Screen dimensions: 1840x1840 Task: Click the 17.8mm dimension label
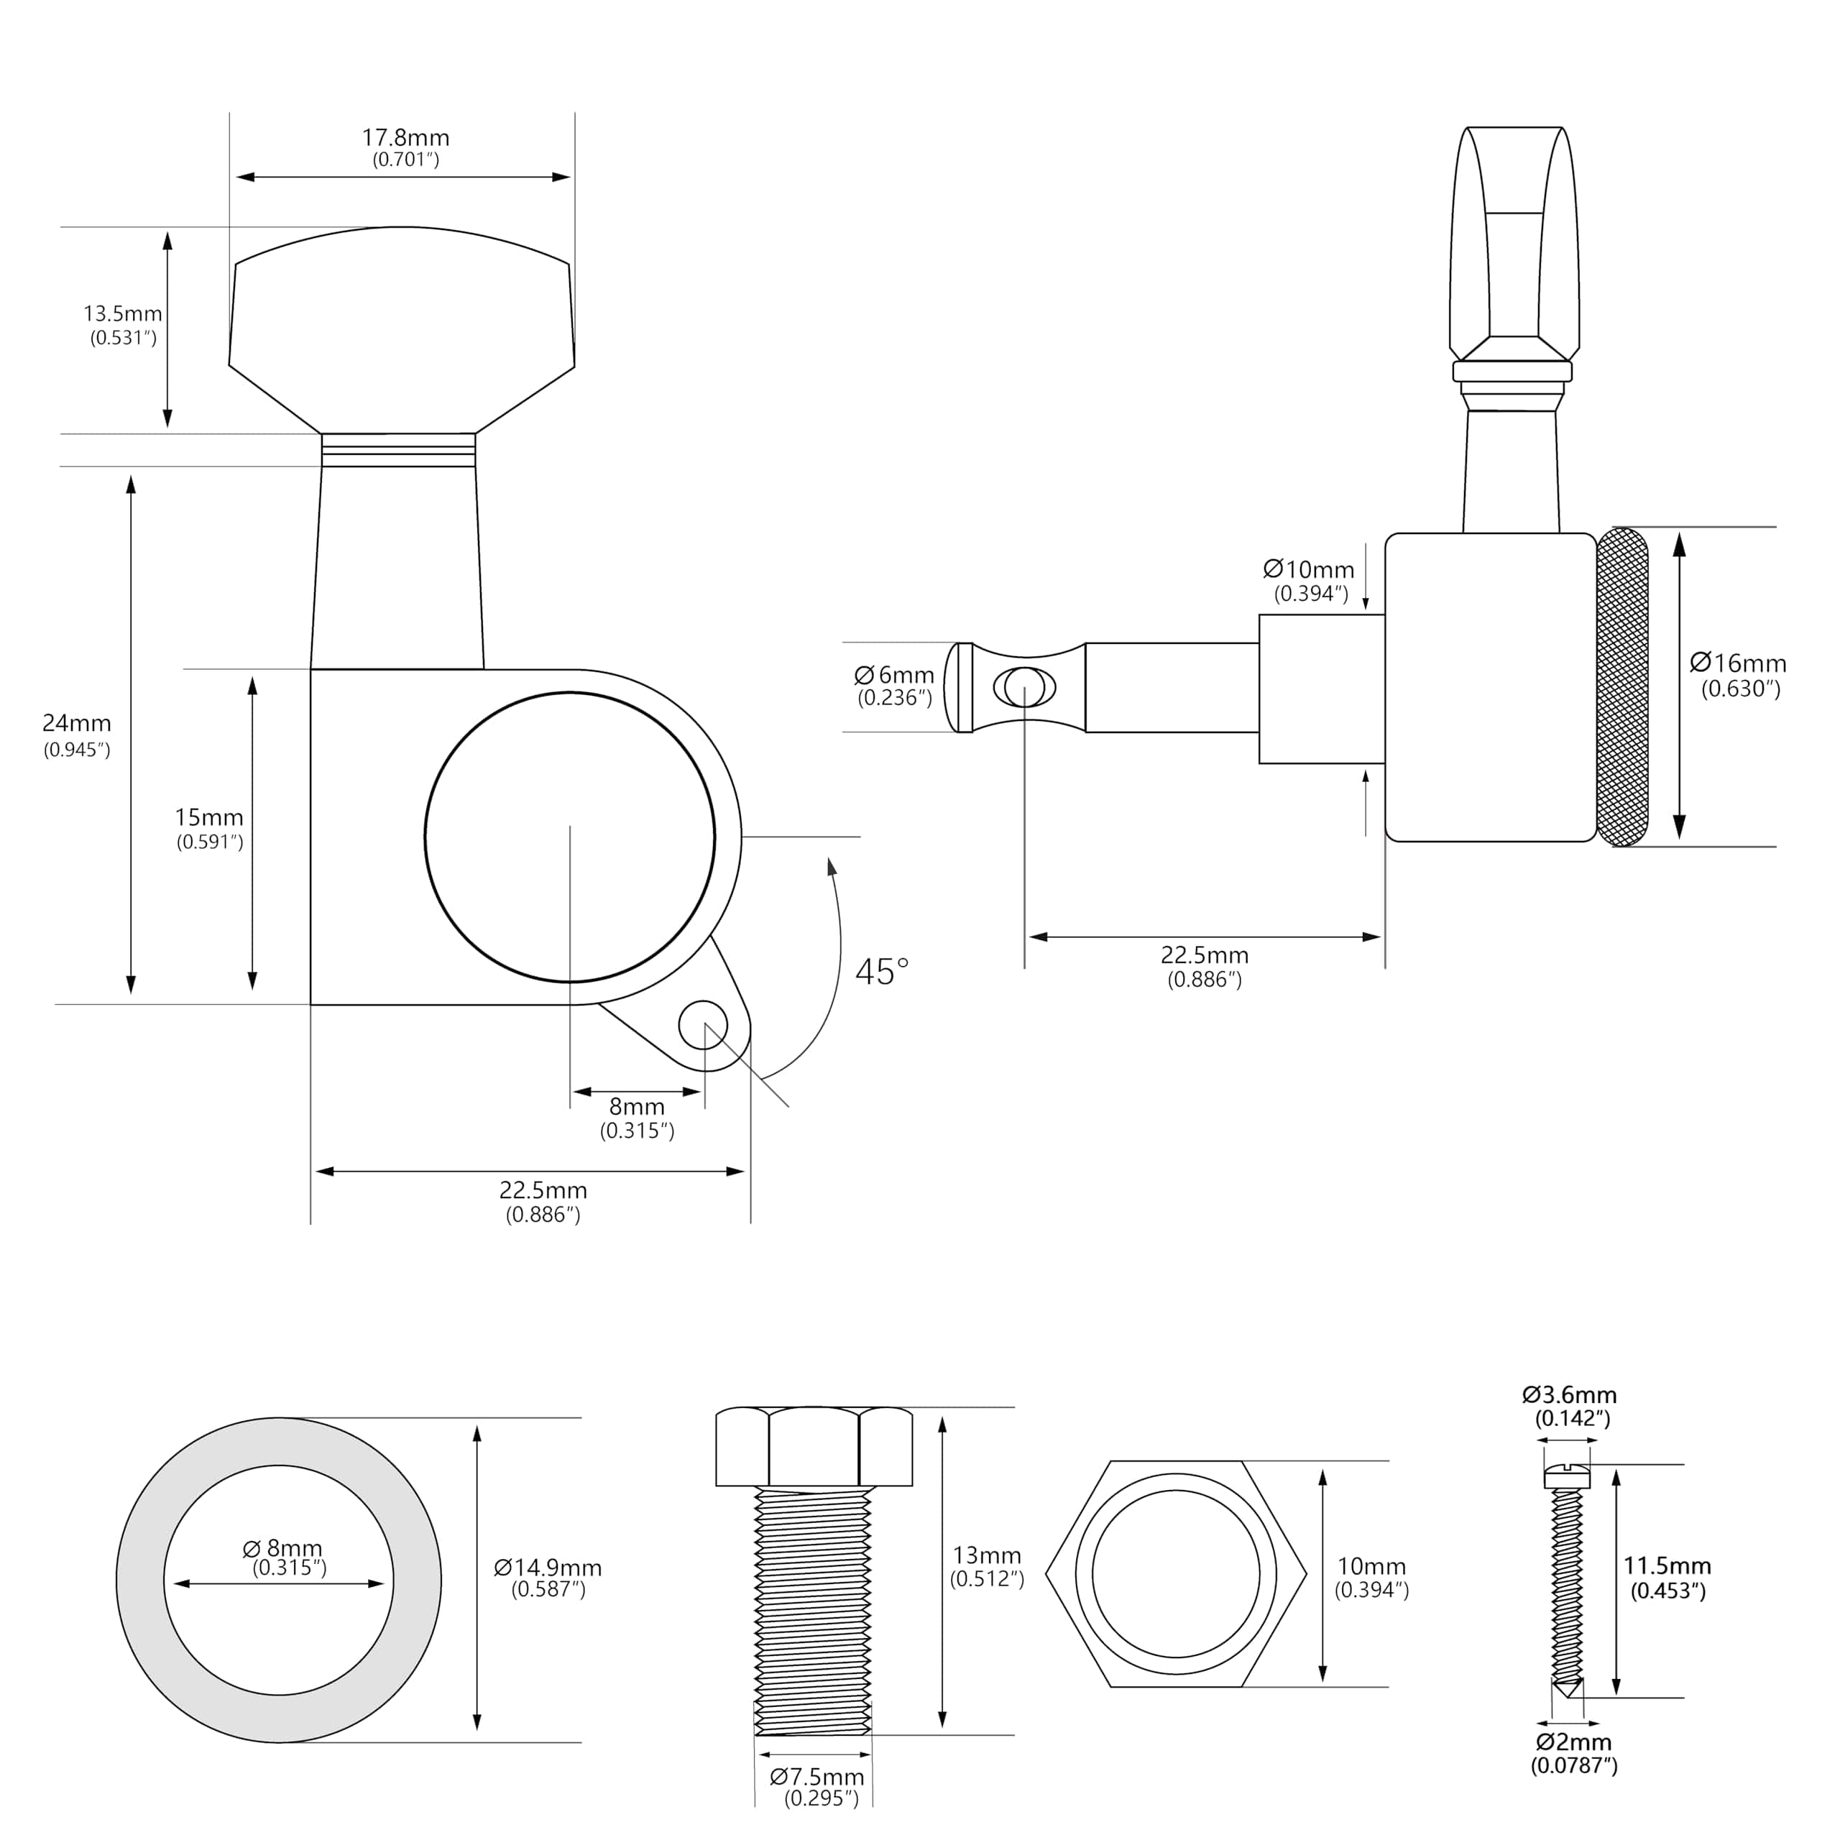click(x=405, y=138)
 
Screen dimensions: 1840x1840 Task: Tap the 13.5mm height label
click(x=123, y=313)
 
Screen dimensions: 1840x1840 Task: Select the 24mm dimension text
click(x=77, y=724)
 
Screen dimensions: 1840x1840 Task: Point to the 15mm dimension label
click(x=210, y=817)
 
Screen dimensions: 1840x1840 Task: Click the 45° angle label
click(x=882, y=972)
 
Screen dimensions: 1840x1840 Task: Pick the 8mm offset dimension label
click(x=637, y=1107)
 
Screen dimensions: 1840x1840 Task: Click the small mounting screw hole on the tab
click(x=703, y=1025)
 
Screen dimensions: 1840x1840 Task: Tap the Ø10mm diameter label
click(x=1309, y=569)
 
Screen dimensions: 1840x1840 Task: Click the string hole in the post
click(x=1023, y=686)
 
